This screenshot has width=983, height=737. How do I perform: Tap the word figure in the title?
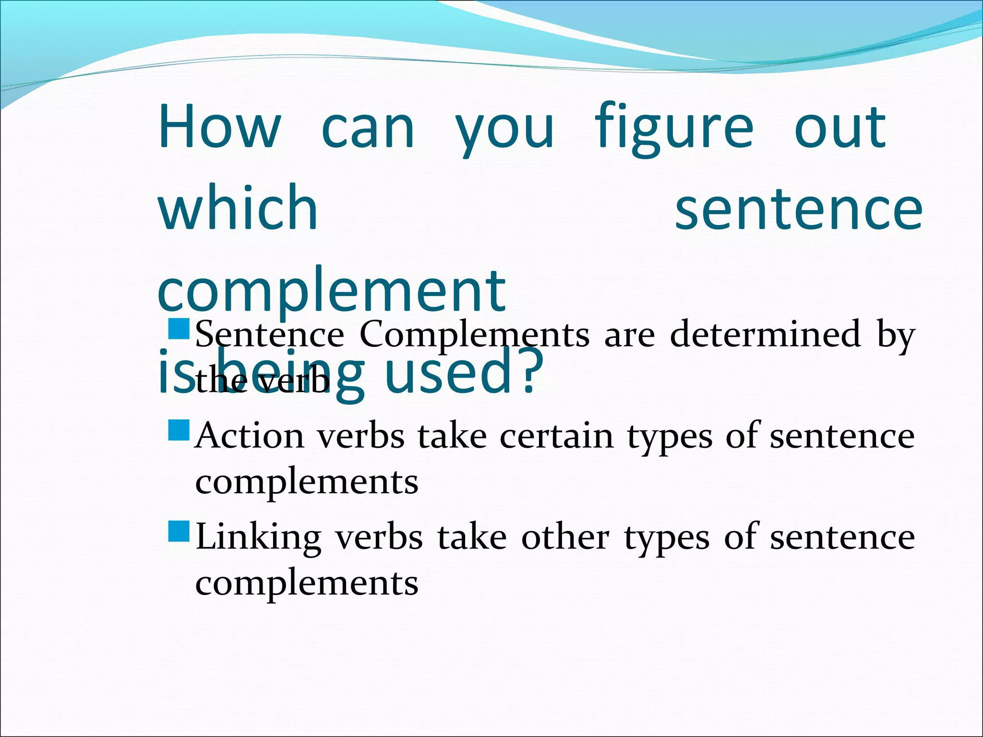pyautogui.click(x=674, y=129)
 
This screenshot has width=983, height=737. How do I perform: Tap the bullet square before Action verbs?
pyautogui.click(x=180, y=430)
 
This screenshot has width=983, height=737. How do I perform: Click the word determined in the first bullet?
pyautogui.click(x=766, y=334)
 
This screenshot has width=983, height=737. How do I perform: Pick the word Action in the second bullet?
pyautogui.click(x=250, y=436)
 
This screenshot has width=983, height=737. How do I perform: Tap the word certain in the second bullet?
pyautogui.click(x=557, y=436)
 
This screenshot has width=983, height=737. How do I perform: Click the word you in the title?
pyautogui.click(x=505, y=130)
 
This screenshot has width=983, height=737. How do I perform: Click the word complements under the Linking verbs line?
pyautogui.click(x=307, y=583)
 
